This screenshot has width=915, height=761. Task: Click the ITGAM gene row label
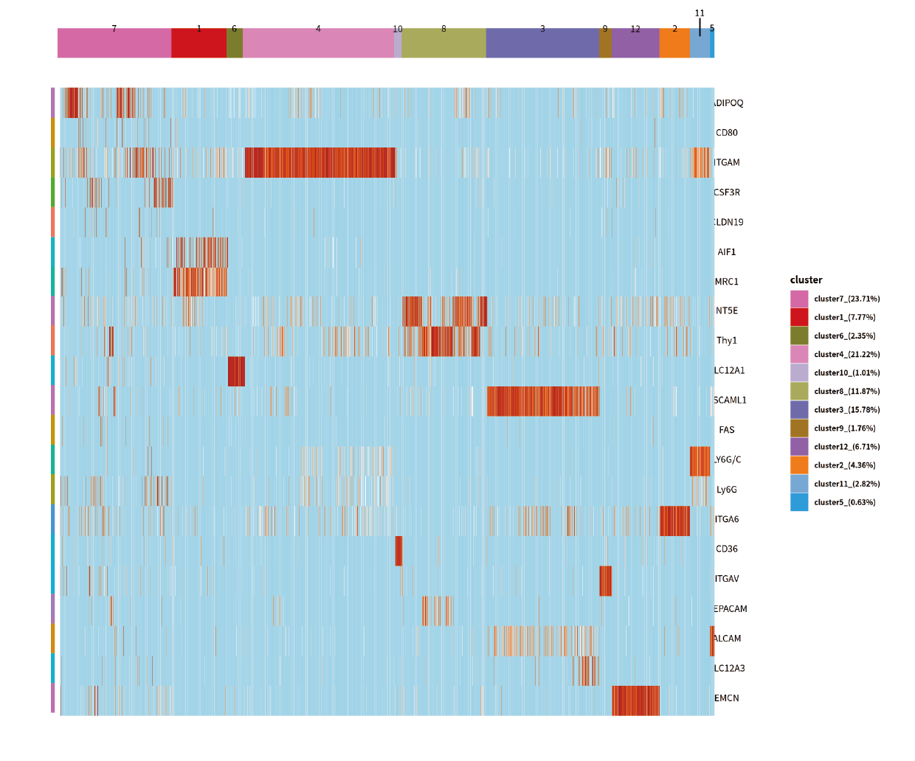coord(727,162)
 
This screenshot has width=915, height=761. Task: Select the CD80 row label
coord(727,133)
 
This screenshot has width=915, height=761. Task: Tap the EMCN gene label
coord(727,698)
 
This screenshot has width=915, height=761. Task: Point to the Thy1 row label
coord(727,341)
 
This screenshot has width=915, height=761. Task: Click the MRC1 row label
coord(727,282)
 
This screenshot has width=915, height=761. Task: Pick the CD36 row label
coord(727,549)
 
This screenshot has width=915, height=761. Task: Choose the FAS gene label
coord(727,430)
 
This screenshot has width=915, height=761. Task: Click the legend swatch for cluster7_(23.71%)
coord(799,299)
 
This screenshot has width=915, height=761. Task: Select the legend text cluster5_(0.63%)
coord(845,502)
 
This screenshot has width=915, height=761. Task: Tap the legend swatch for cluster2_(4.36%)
coord(799,465)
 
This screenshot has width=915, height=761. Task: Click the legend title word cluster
coord(806,280)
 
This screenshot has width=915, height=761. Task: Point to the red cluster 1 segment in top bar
coord(198,43)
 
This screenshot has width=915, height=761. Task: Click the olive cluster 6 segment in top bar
coord(235,43)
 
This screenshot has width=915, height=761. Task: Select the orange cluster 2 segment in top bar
coord(674,43)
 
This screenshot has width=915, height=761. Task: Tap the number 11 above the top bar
coord(700,13)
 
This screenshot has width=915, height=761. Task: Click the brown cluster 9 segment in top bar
coord(605,43)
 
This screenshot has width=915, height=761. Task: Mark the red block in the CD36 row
coord(398,551)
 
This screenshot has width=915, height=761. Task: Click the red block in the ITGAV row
coord(605,581)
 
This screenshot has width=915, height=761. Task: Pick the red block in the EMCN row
coord(635,701)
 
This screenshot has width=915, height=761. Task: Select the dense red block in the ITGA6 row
coord(674,521)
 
